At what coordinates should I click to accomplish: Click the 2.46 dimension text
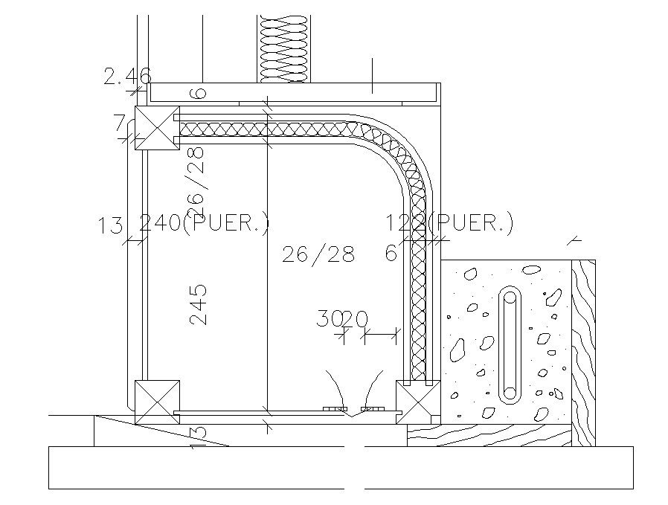pos(127,75)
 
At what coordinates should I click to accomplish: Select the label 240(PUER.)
pos(205,223)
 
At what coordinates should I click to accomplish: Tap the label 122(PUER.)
pos(449,223)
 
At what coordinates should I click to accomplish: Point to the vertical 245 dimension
pos(197,304)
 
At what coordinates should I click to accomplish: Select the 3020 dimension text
pos(341,319)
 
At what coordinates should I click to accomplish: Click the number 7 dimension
pos(119,123)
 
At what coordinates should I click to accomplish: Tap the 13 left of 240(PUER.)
pos(109,225)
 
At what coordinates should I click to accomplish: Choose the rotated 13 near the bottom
pos(196,434)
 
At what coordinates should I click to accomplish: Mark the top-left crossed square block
pos(156,129)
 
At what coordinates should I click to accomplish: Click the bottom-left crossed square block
pos(156,402)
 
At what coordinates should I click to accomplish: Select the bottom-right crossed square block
pos(418,402)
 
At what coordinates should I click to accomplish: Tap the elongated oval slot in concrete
pos(510,344)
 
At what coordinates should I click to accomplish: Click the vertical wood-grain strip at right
pos(584,350)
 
